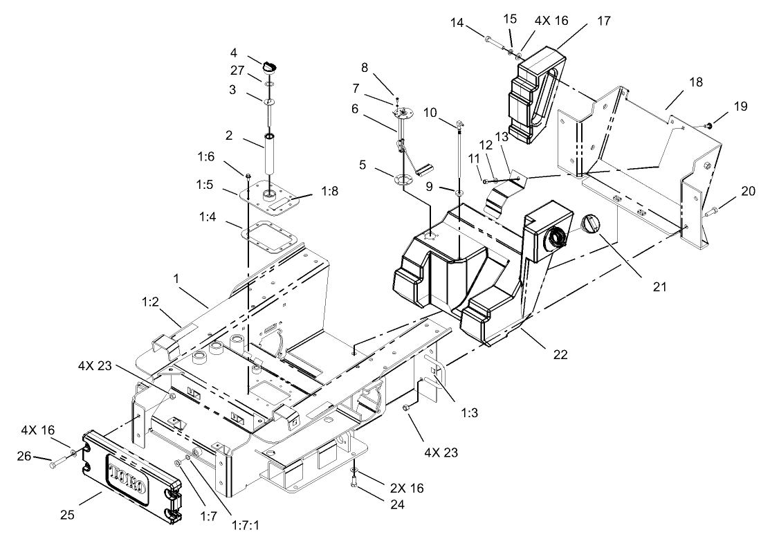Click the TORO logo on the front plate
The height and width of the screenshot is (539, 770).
(126, 477)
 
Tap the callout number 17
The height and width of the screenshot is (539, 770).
(603, 21)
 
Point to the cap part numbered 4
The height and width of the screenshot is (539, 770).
(270, 66)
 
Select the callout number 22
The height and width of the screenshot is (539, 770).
(560, 355)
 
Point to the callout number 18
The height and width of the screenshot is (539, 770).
(695, 82)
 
